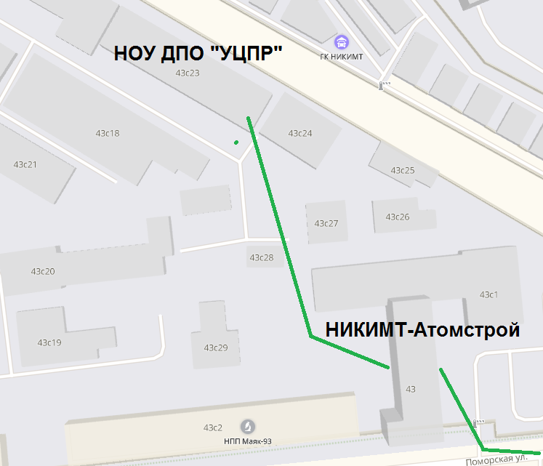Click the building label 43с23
click(x=188, y=73)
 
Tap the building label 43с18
click(x=108, y=133)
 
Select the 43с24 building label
click(x=300, y=133)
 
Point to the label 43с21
click(x=25, y=164)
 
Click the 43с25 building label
click(x=403, y=170)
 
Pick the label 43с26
click(x=398, y=217)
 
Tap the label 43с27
click(x=326, y=223)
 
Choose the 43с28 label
click(x=262, y=257)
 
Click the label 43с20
click(x=43, y=272)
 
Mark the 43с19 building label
click(x=49, y=342)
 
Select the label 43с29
click(x=216, y=348)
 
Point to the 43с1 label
click(x=488, y=294)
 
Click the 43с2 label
click(x=213, y=427)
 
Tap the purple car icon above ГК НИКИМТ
click(x=341, y=42)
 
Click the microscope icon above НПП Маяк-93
click(x=248, y=426)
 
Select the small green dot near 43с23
click(x=236, y=142)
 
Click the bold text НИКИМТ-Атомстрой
click(x=422, y=330)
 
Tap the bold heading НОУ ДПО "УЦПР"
click(x=197, y=54)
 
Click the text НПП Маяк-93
click(x=248, y=440)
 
